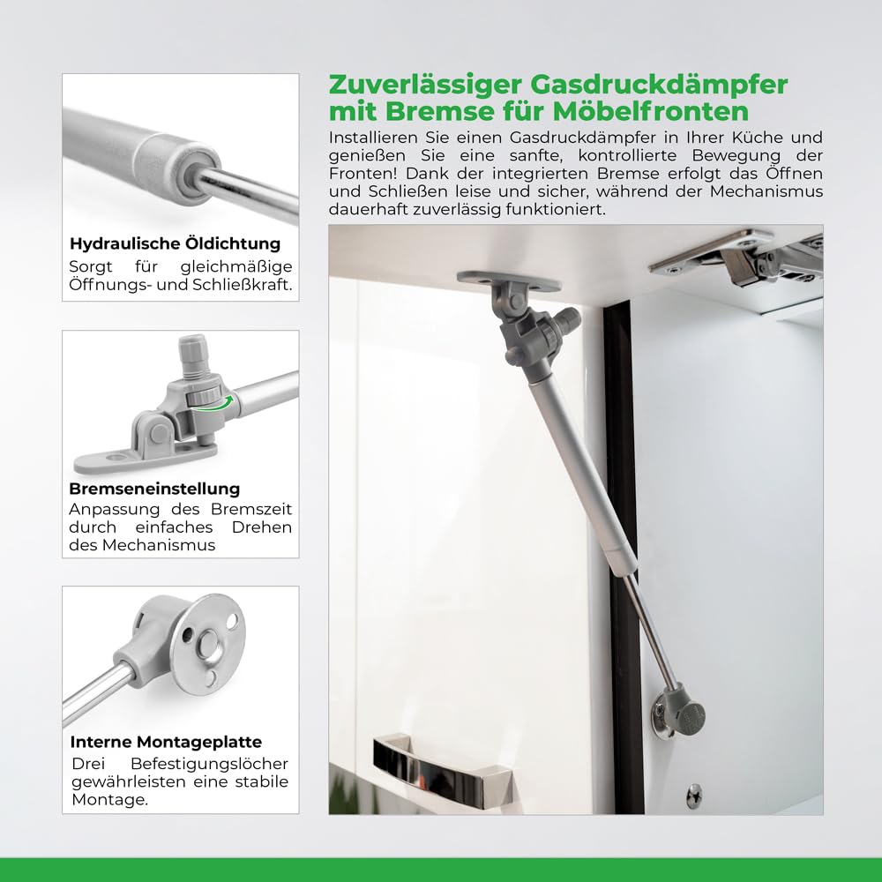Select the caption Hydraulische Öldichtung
175,243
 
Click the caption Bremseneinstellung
154,489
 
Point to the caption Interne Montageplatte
166,742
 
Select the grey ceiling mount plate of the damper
509,280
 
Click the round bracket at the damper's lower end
677,713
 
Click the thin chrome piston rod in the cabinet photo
651,628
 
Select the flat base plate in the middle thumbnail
141,459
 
